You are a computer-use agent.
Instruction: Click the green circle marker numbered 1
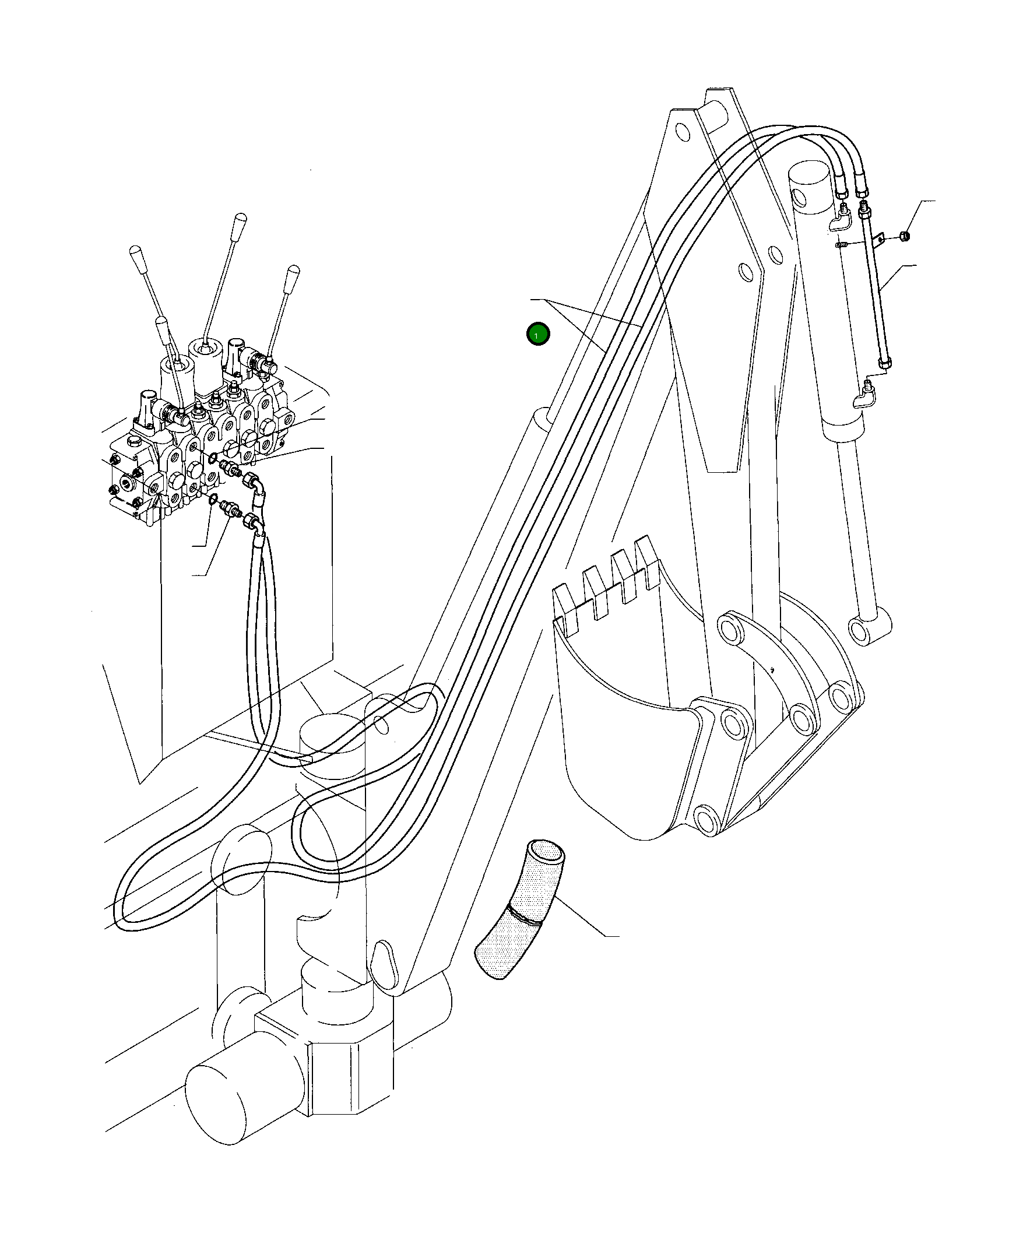(537, 334)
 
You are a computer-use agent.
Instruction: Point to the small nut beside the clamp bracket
(905, 237)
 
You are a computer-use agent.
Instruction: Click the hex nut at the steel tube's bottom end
(885, 364)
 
